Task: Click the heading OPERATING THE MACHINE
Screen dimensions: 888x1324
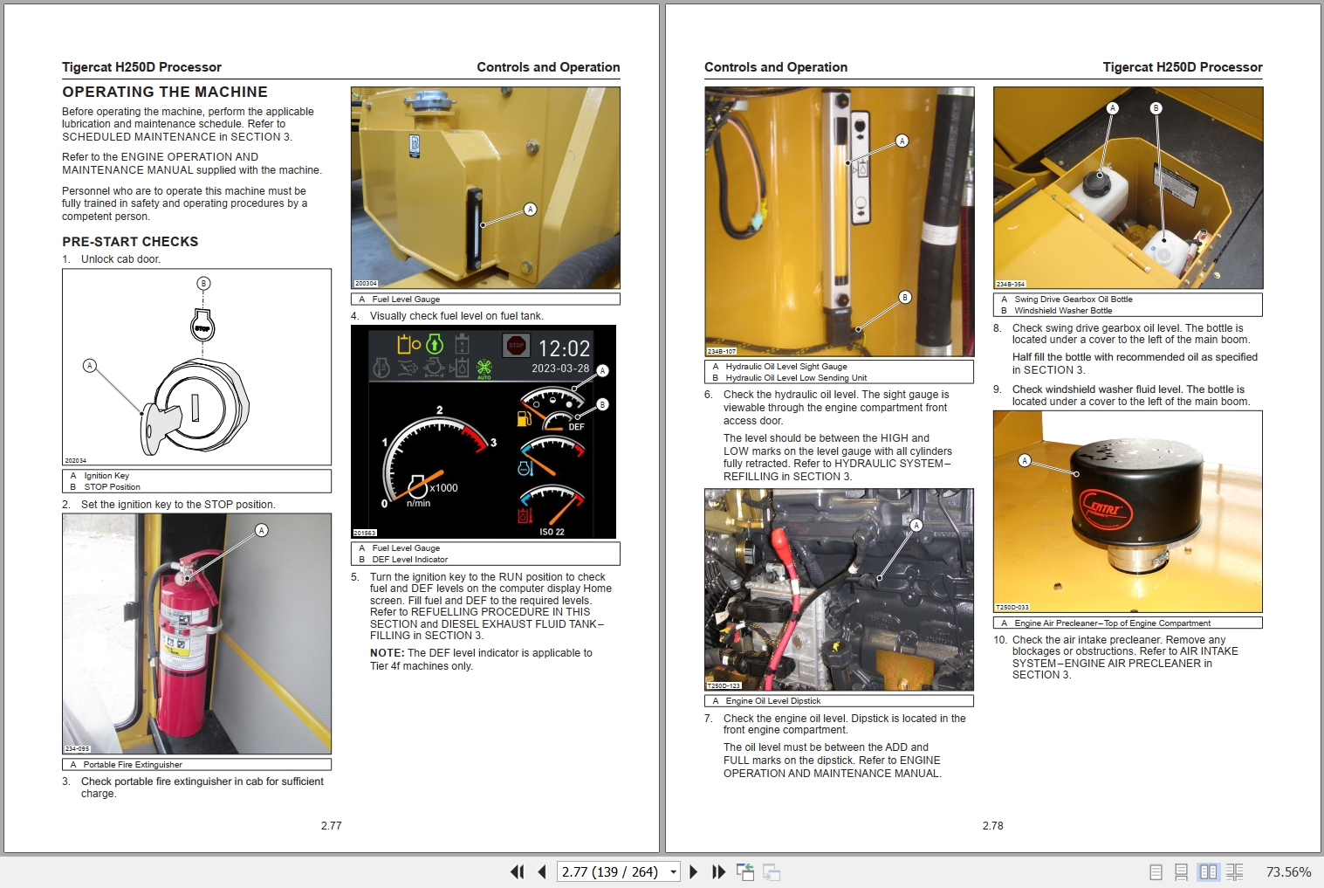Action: [165, 92]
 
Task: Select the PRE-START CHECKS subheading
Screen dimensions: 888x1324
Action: [130, 242]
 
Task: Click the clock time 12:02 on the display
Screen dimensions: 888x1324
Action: [564, 348]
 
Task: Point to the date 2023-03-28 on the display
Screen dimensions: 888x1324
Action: [560, 368]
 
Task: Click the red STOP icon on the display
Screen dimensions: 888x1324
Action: [516, 346]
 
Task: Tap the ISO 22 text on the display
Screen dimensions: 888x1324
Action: [552, 532]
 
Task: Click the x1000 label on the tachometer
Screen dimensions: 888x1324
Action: [443, 488]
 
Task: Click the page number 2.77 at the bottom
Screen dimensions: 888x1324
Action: [331, 825]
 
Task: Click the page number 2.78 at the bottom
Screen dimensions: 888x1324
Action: [992, 825]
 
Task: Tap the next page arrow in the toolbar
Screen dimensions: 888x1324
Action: [693, 871]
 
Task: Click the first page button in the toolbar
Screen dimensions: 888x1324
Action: [517, 871]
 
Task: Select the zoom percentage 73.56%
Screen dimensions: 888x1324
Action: [1288, 871]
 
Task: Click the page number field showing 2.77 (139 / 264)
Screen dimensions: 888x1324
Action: [610, 871]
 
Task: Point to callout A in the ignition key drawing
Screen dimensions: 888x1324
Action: [89, 366]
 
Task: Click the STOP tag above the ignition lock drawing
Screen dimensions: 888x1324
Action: [202, 328]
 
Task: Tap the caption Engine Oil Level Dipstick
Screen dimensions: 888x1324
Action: [772, 701]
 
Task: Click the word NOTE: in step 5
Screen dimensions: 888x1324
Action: [387, 653]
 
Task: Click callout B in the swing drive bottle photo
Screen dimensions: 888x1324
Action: [1156, 108]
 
